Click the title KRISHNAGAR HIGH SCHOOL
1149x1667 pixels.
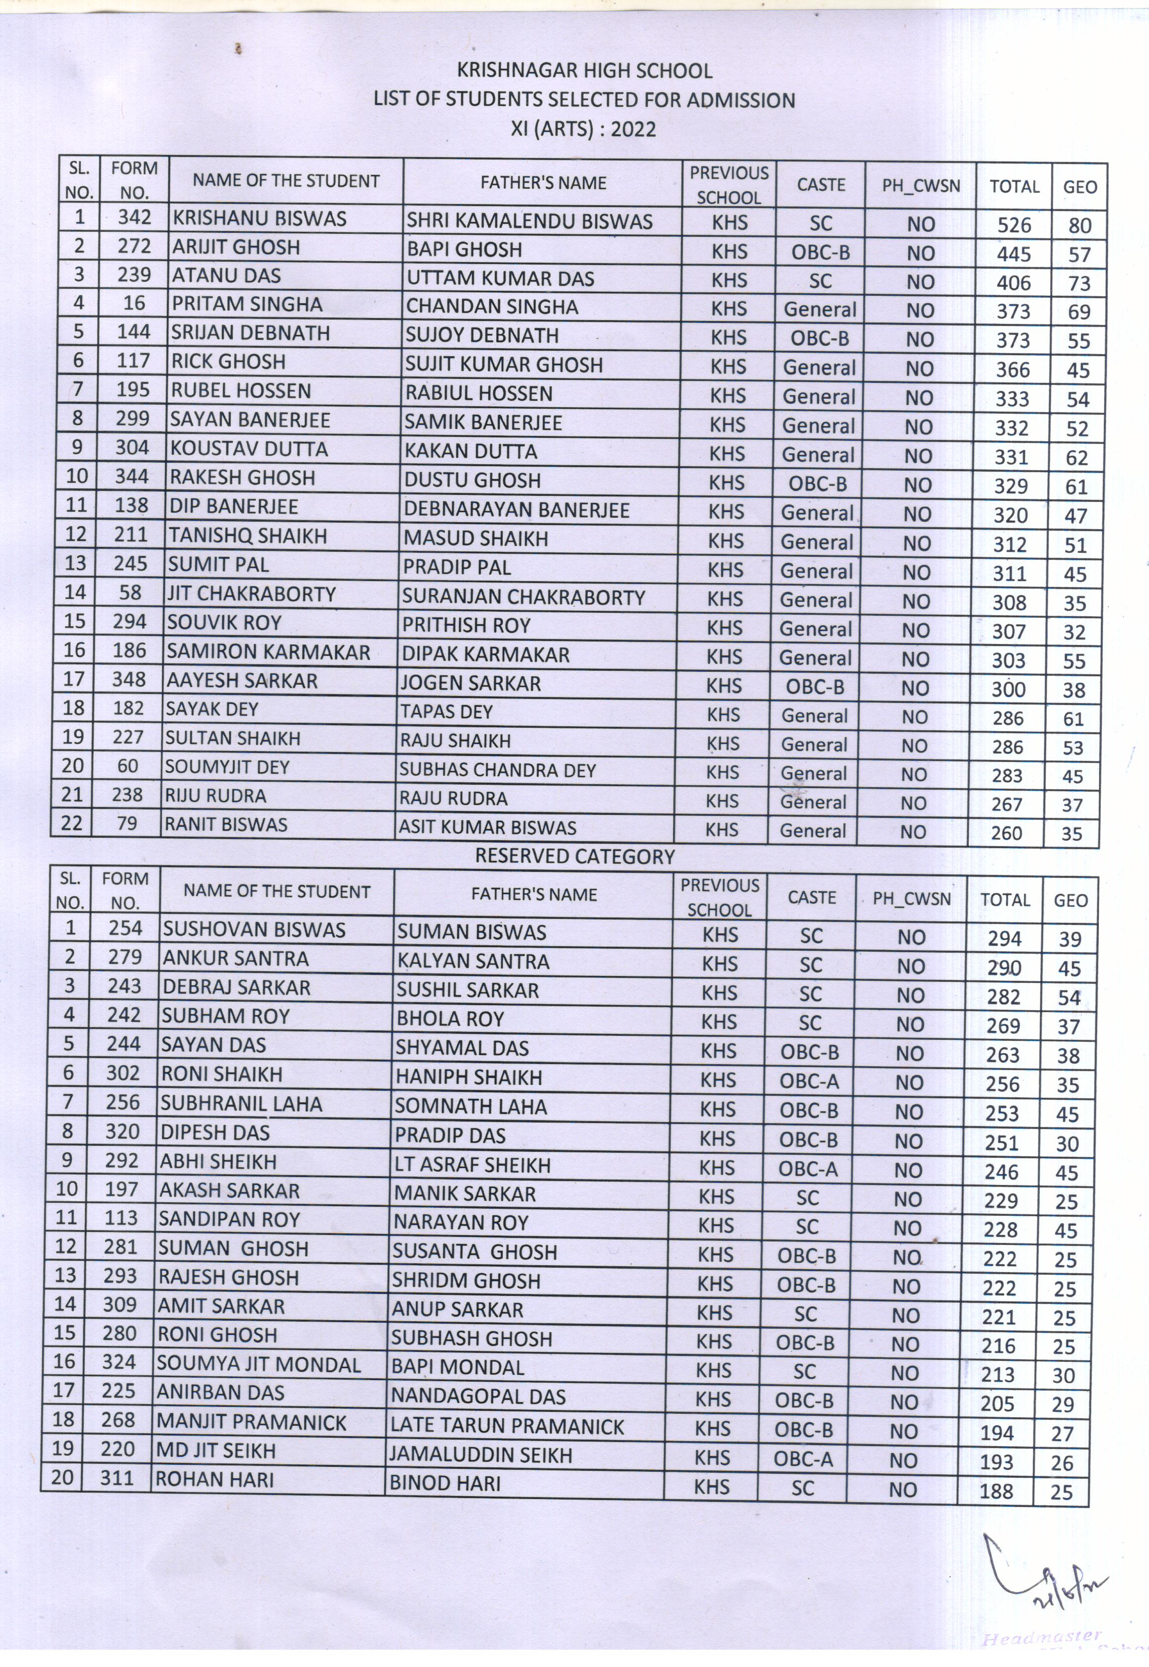[x=584, y=70]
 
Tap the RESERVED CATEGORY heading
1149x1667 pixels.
[x=574, y=856]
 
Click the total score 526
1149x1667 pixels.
[x=1014, y=225]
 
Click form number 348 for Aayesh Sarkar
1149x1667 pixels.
[x=129, y=679]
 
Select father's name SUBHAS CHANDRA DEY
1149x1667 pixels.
[x=497, y=770]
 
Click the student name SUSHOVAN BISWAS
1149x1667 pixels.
[x=254, y=930]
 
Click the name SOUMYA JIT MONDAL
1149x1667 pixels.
[x=259, y=1365]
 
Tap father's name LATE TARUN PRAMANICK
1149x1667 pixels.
[x=507, y=1427]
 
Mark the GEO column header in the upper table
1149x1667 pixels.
[x=1080, y=187]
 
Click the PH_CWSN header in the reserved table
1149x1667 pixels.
[x=911, y=899]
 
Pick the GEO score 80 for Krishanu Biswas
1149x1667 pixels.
[x=1080, y=226]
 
